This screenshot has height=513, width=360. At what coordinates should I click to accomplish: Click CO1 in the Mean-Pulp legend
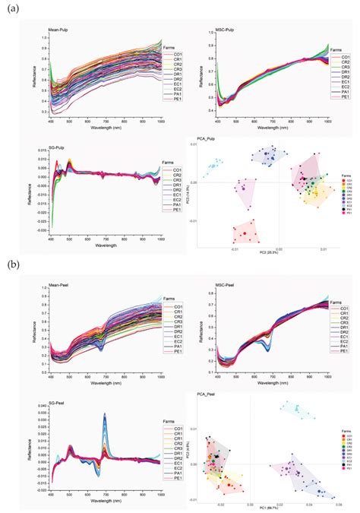pyautogui.click(x=176, y=55)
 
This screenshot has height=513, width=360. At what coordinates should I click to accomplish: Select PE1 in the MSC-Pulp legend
pyautogui.click(x=345, y=97)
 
